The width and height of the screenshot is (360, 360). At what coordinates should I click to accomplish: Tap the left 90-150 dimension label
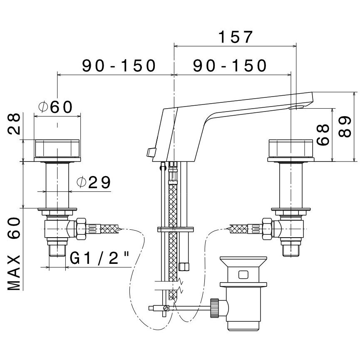[119, 66]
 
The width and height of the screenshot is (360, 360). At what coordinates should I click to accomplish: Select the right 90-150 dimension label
[230, 66]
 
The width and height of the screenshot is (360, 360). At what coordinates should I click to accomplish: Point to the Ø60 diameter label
[56, 107]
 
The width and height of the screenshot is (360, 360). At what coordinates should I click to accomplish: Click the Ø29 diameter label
[94, 183]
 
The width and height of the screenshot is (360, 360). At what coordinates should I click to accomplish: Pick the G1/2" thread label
[99, 258]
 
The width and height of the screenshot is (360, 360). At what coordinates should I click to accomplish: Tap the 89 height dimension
[345, 127]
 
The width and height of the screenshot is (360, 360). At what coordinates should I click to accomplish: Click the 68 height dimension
[323, 135]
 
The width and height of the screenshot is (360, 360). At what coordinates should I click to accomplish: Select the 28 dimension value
[14, 124]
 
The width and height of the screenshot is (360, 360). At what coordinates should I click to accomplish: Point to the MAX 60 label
[14, 254]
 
